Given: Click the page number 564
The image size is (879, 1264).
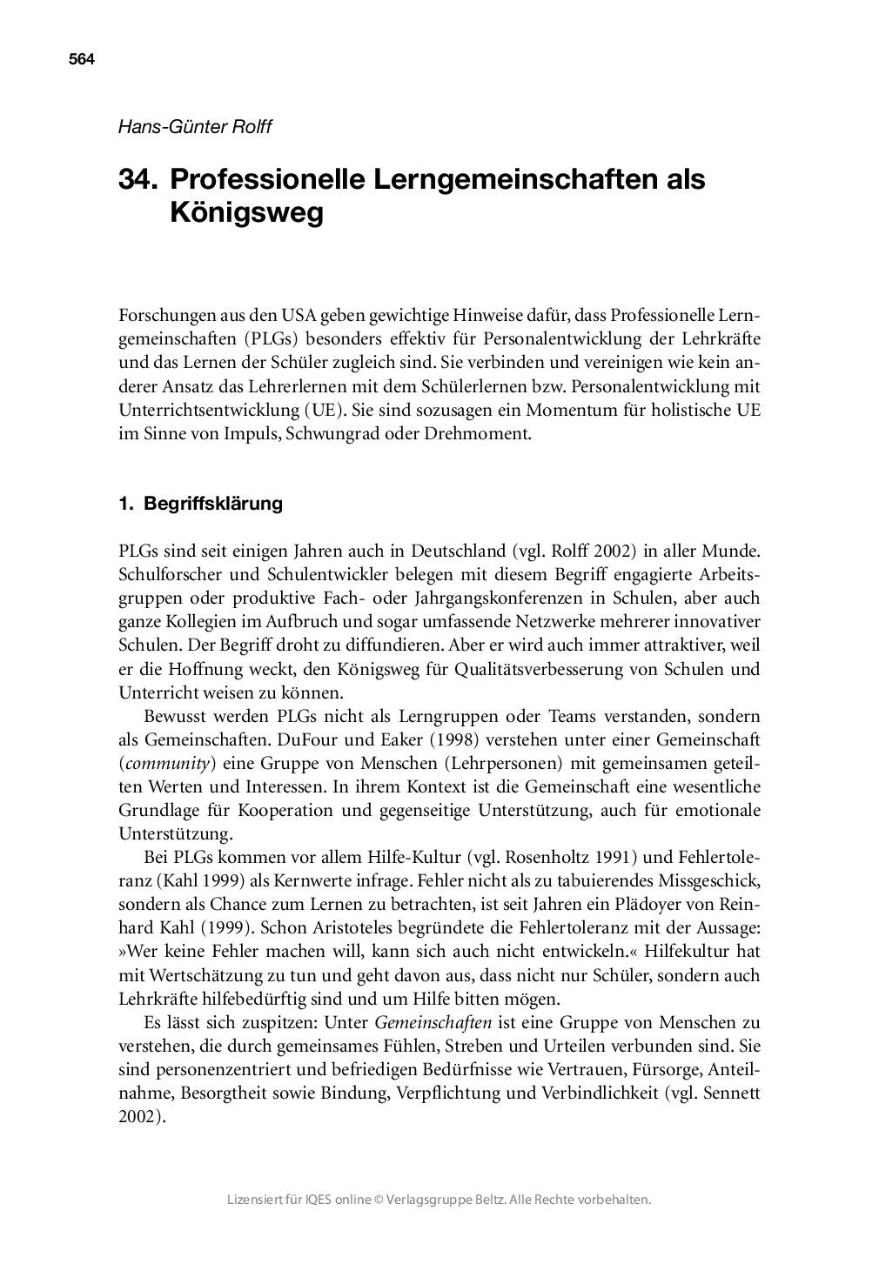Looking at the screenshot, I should coord(81,60).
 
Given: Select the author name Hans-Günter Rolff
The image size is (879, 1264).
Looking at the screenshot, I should coord(195,127).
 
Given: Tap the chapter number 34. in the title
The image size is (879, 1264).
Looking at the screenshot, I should coord(138,179).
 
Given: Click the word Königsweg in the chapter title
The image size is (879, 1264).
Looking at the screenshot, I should coord(246,213).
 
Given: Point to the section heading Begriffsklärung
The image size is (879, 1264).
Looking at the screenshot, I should coord(213,504).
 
